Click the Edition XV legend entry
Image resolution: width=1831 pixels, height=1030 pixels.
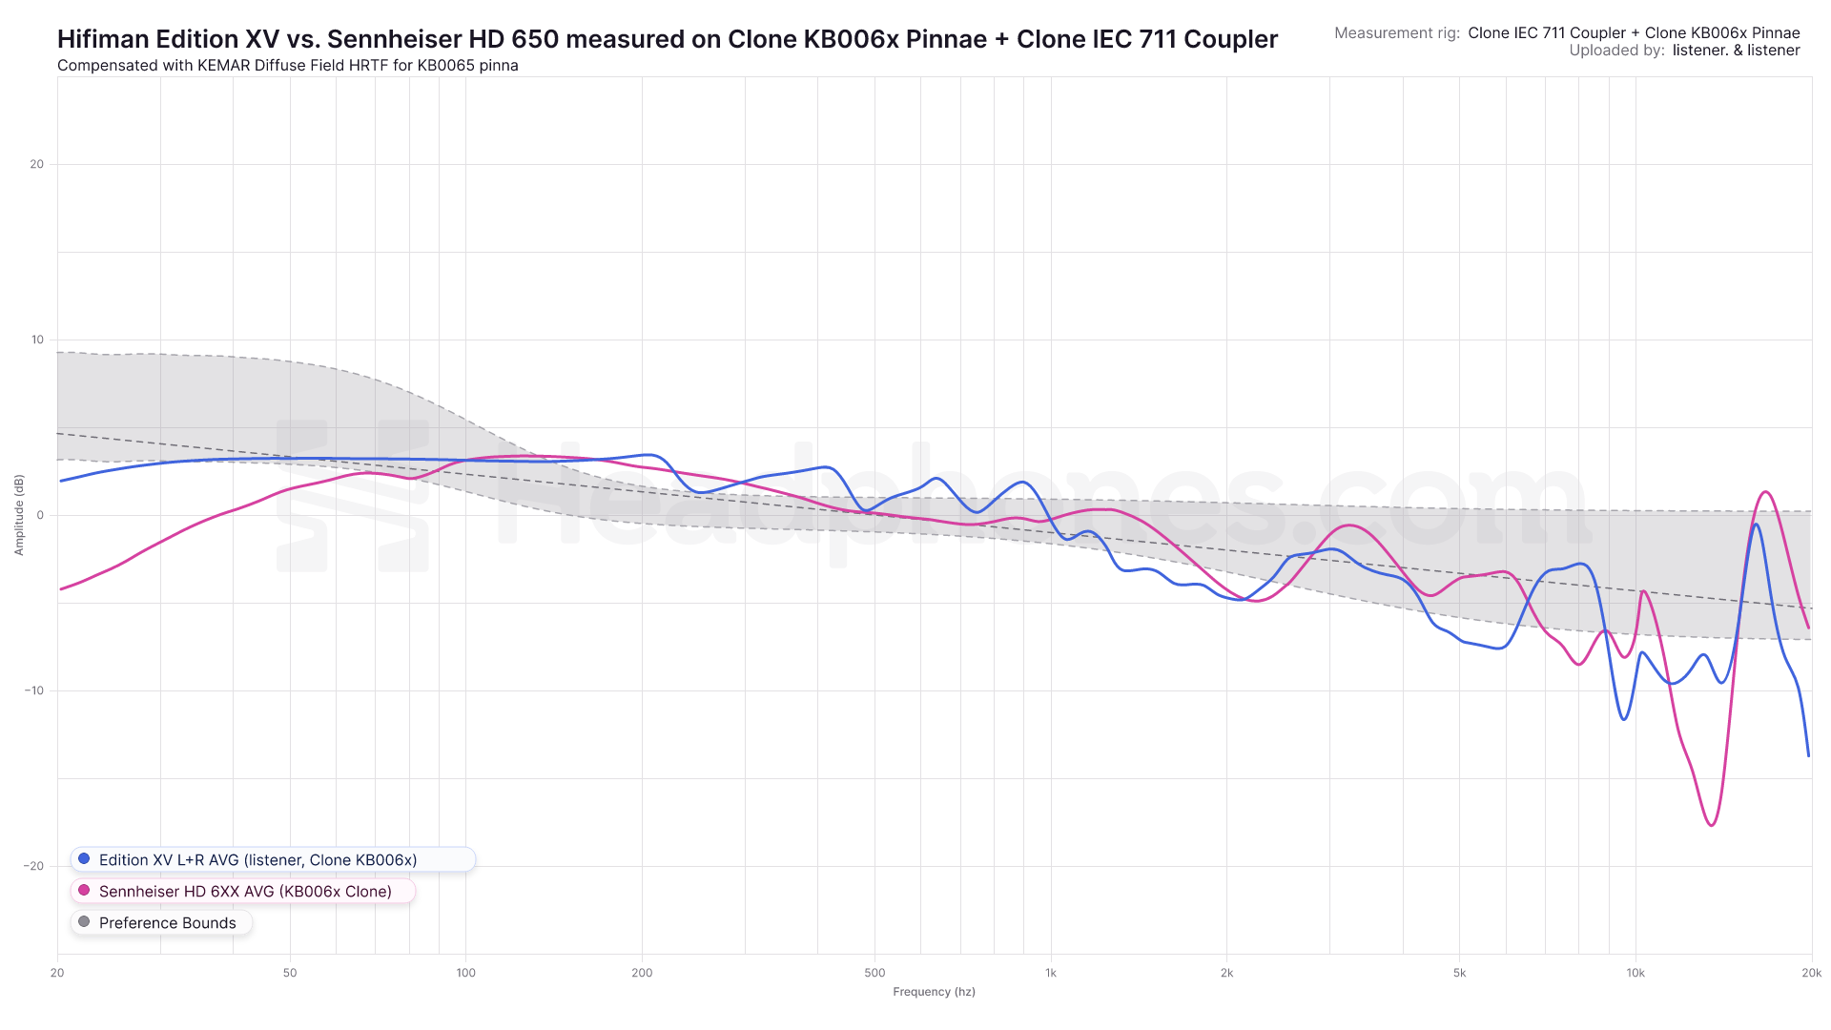click(x=257, y=860)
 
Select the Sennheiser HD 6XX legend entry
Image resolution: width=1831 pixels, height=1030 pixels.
click(x=245, y=892)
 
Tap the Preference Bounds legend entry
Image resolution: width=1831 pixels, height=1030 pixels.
click(x=167, y=923)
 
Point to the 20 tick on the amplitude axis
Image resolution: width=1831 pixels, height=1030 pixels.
click(x=37, y=164)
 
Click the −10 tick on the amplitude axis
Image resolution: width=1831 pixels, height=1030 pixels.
click(x=34, y=690)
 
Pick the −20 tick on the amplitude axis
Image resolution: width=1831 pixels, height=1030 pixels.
click(x=34, y=866)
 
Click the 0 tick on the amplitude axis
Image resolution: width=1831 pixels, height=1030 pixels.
click(x=40, y=515)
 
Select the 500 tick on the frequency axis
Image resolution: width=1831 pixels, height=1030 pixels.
click(x=874, y=973)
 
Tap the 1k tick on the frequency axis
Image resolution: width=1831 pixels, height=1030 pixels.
click(x=1051, y=973)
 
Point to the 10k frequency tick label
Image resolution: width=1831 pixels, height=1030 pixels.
click(x=1636, y=973)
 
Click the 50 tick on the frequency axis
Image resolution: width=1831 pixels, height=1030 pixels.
click(x=290, y=973)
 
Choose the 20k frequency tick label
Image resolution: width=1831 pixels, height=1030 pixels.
click(x=1811, y=973)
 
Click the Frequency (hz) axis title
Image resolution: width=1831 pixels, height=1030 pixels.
click(x=934, y=992)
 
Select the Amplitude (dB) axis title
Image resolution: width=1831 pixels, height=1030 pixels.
click(x=19, y=515)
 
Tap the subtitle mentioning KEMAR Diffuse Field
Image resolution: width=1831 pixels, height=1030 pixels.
click(x=287, y=66)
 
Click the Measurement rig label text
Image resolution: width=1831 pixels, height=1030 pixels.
click(x=1396, y=33)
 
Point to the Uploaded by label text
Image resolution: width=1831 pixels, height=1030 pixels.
click(x=1616, y=51)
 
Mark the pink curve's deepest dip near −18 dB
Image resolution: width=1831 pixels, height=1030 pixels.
click(x=1713, y=825)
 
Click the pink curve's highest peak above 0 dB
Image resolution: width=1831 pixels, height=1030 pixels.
click(x=1766, y=492)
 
